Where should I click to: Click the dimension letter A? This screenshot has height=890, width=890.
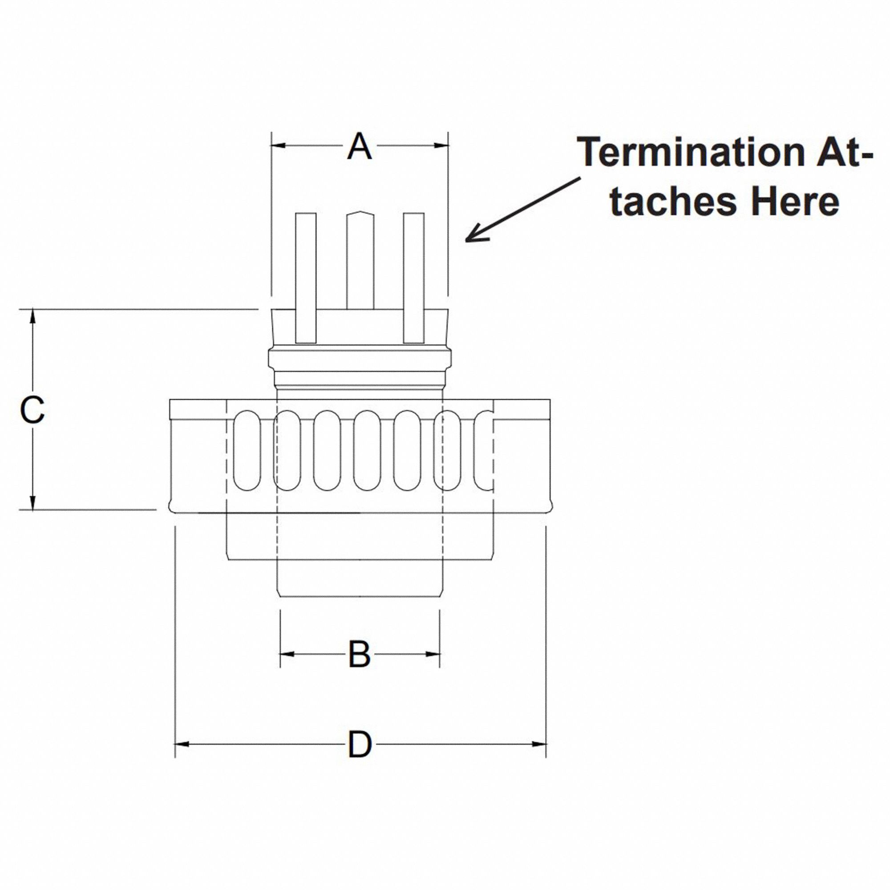pos(359,146)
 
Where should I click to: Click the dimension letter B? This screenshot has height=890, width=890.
pos(359,654)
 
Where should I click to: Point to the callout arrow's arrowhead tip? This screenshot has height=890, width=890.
pos(466,240)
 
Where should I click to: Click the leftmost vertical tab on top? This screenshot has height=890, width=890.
pos(305,278)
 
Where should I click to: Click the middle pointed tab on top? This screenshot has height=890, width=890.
pos(360,260)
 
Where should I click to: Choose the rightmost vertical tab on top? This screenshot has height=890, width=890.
pos(413,278)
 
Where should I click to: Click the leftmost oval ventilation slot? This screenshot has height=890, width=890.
pos(247,450)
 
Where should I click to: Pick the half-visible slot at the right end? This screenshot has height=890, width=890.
pos(484,450)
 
